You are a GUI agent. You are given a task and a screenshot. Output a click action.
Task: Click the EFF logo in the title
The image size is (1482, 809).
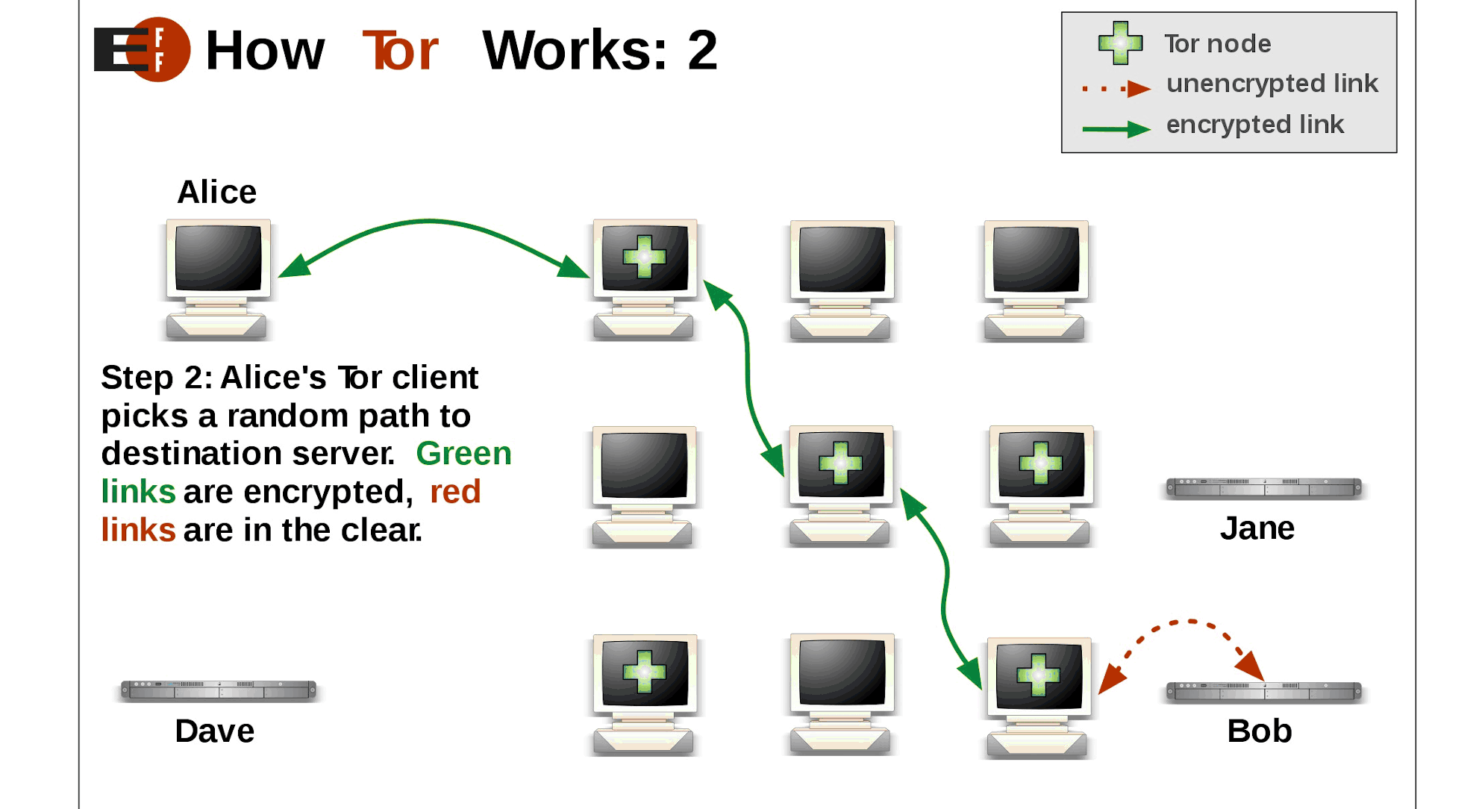tap(142, 49)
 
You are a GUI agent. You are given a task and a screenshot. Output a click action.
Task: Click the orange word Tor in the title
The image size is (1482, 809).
tap(401, 51)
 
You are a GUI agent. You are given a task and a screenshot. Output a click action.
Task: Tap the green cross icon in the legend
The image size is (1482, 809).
tap(1120, 43)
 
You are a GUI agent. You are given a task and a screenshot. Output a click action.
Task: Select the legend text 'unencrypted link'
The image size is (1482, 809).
tap(1272, 84)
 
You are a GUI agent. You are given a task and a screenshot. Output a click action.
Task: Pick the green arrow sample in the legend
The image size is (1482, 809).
tap(1116, 129)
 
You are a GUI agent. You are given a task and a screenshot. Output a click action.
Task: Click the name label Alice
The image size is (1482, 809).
tap(216, 193)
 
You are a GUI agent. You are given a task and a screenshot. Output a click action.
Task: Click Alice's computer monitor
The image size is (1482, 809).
tap(218, 258)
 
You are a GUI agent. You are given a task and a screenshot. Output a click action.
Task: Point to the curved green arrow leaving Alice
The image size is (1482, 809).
tap(430, 221)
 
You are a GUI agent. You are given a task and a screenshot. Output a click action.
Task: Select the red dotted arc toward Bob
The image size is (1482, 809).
tap(1186, 622)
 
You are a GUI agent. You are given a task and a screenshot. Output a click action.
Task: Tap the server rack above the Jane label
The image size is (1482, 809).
tap(1263, 487)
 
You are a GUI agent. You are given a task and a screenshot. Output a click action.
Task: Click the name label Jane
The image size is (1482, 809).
tap(1257, 528)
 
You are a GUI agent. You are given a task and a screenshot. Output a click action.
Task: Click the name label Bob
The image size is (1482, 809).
tap(1259, 731)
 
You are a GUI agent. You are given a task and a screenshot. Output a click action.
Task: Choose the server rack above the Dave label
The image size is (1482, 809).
tap(219, 690)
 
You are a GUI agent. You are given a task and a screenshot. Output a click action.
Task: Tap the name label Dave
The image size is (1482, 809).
tap(214, 731)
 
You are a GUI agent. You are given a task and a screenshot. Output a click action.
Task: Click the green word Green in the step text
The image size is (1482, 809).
tap(463, 454)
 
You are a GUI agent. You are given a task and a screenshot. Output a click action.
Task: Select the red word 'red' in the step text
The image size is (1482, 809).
tap(455, 492)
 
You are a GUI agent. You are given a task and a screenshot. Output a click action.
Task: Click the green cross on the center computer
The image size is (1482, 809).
tap(840, 463)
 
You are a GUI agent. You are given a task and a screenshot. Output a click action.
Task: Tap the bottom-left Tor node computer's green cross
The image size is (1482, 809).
tap(644, 672)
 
